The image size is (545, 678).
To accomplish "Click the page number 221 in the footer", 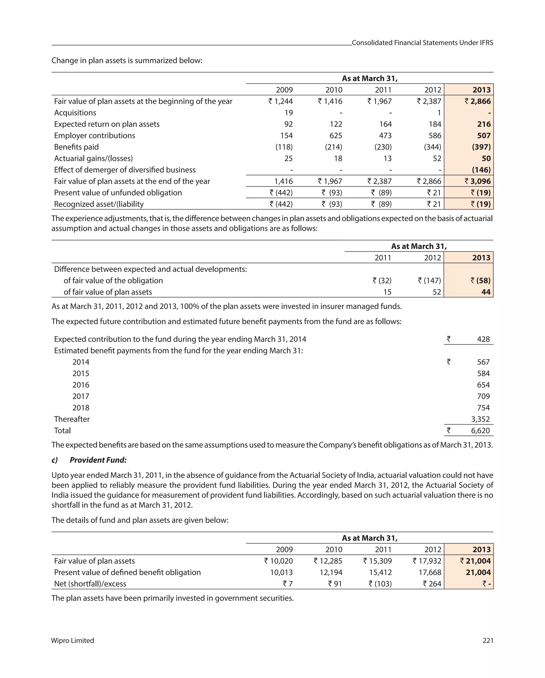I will [488, 640].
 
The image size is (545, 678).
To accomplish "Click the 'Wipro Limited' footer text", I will [73, 640].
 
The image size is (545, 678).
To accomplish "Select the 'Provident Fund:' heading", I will [98, 460].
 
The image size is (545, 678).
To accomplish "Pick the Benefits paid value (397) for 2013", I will [481, 147].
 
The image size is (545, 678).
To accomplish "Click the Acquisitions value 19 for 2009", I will [288, 113].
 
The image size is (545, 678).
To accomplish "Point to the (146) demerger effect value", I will [481, 170].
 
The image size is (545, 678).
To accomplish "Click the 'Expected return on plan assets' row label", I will [107, 124].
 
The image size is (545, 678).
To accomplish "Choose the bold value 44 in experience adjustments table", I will [486, 292].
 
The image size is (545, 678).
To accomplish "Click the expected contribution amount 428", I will [483, 339].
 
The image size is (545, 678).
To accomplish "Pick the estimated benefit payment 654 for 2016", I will [483, 385].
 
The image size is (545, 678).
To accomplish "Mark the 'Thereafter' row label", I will [72, 419].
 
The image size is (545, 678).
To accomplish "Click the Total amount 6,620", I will [480, 431].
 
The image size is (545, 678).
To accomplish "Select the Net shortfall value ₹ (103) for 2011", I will [380, 584].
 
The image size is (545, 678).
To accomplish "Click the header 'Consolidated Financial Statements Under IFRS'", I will [422, 43].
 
